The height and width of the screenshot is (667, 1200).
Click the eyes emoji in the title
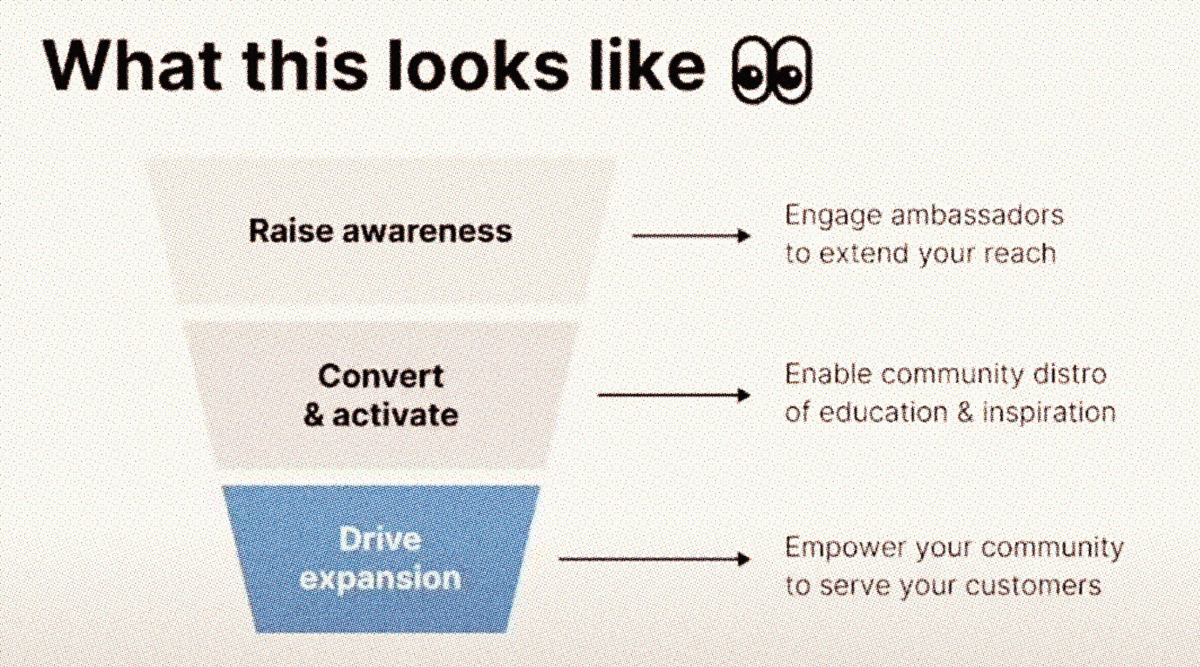[771, 69]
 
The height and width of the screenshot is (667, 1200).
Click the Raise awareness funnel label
[380, 231]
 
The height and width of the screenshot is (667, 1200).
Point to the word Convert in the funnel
[381, 376]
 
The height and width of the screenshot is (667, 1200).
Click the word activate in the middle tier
[395, 415]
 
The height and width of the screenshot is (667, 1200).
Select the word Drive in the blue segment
[380, 540]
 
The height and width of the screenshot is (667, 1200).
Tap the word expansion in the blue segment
[380, 578]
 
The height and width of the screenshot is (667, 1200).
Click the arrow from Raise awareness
[691, 236]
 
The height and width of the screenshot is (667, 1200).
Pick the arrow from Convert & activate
[674, 395]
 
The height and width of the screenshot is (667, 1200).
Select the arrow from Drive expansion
[654, 559]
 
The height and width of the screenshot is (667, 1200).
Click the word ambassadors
[977, 216]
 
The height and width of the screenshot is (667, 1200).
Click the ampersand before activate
[313, 415]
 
